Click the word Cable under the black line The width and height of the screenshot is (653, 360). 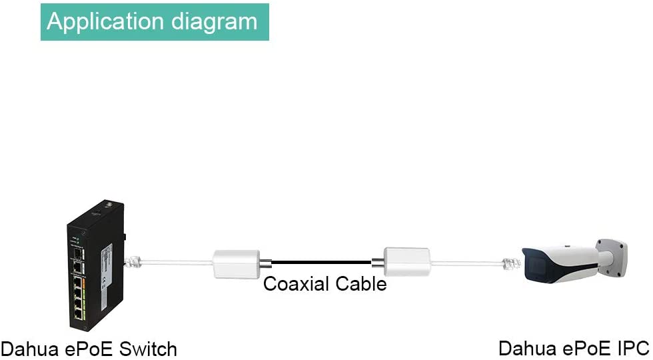362,283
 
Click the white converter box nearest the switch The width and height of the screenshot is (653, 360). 235,263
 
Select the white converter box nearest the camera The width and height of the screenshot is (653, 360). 406,262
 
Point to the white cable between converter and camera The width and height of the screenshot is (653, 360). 466,263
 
